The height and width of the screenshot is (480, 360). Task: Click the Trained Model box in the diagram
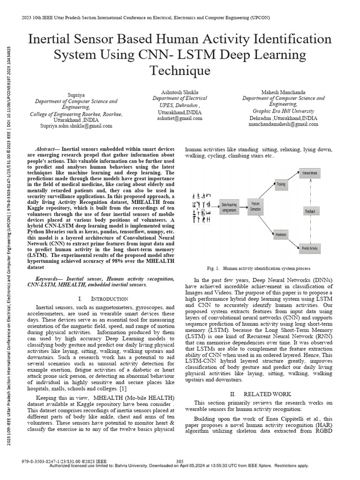pos(310,173)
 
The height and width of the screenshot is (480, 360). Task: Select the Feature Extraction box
pos(255,206)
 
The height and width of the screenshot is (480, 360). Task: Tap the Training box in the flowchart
pos(281,184)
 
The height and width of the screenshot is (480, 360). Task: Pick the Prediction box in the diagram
pos(281,234)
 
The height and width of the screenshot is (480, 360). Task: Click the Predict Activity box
pos(310,247)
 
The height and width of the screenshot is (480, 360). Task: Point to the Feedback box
pos(310,211)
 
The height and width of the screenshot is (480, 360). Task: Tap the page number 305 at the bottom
pos(179,461)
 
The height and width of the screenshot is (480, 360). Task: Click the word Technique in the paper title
pos(180,71)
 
